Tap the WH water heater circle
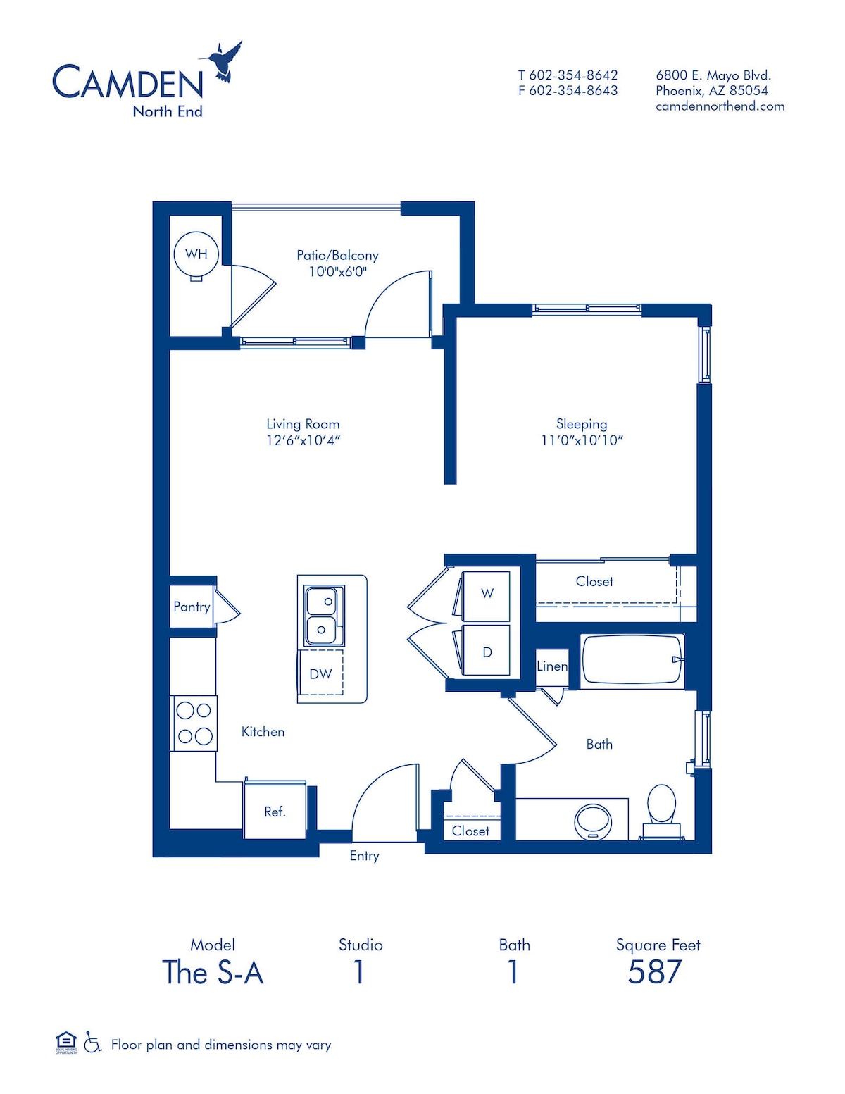(196, 254)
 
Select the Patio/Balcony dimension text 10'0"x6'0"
(338, 272)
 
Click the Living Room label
(303, 424)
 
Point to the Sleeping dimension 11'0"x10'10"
(582, 440)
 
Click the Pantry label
(192, 607)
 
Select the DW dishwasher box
(321, 673)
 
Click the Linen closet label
(552, 666)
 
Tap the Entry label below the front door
(364, 855)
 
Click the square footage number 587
(655, 972)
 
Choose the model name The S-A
(213, 972)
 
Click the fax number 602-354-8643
(574, 91)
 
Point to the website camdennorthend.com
(720, 106)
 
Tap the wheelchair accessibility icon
(92, 1042)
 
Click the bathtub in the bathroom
(632, 661)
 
